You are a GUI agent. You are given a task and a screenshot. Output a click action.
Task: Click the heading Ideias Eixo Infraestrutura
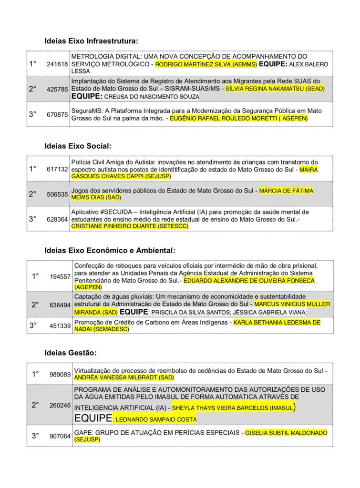pyautogui.click(x=91, y=41)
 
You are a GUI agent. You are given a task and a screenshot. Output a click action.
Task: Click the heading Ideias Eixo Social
pyautogui.click(x=78, y=146)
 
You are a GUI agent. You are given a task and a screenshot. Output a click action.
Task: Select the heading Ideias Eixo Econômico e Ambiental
pyautogui.click(x=110, y=250)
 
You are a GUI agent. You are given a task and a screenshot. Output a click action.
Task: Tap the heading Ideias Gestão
pyautogui.click(x=71, y=353)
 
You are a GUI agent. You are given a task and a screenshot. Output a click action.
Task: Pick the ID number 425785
pyautogui.click(x=57, y=89)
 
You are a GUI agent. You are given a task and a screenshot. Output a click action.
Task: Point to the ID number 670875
pyautogui.click(x=57, y=114)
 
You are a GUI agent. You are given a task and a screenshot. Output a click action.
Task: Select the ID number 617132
pyautogui.click(x=57, y=169)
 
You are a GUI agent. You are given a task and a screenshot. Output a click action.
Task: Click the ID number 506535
pyautogui.click(x=57, y=194)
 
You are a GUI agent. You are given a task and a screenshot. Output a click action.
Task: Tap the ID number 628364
pyautogui.click(x=57, y=219)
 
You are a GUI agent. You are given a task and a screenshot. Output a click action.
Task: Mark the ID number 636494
pyautogui.click(x=60, y=305)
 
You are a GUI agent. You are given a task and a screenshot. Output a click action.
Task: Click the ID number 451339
pyautogui.click(x=60, y=326)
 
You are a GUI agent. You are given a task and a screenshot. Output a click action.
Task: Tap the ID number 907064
pyautogui.click(x=60, y=436)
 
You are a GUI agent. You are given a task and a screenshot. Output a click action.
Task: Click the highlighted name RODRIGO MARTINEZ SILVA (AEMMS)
pyautogui.click(x=206, y=64)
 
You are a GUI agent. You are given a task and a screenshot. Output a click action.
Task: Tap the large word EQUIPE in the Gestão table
pyautogui.click(x=93, y=418)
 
